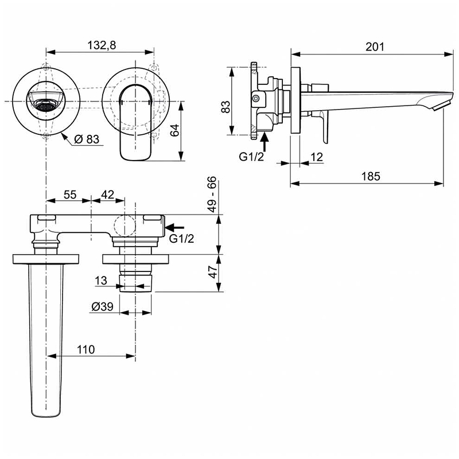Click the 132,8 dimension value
tap(102, 45)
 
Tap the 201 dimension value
tap(375, 46)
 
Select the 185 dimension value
tap(371, 176)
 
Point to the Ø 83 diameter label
tap(87, 139)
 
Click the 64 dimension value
tap(175, 130)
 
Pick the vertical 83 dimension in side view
tap(225, 107)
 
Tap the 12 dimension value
tap(317, 157)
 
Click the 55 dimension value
tap(70, 195)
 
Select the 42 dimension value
tap(107, 195)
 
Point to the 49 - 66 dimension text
tap(212, 194)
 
